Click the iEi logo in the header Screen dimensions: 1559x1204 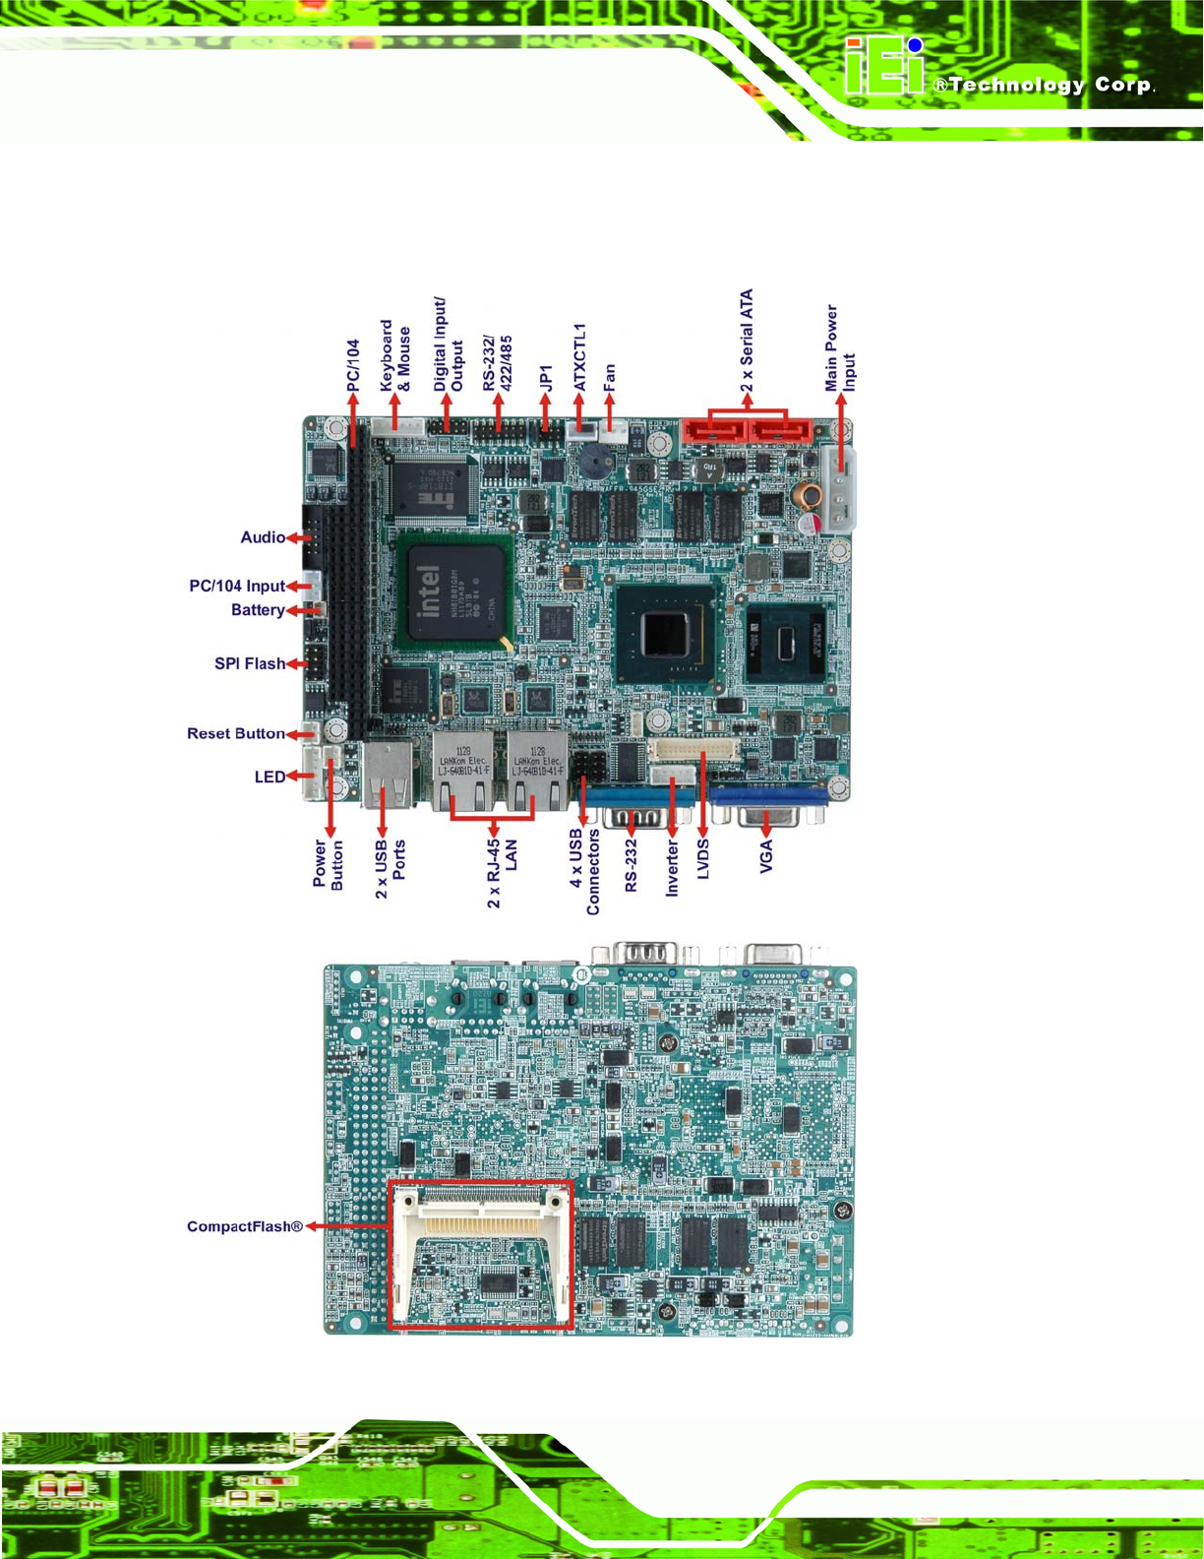pos(884,67)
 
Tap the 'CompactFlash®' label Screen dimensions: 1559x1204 pos(245,1226)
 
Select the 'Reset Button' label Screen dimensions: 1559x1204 pos(236,733)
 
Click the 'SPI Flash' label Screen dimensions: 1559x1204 pos(250,663)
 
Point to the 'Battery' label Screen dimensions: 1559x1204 pos(258,610)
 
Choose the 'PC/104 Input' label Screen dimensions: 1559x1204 pos(237,586)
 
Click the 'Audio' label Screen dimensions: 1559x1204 pos(263,537)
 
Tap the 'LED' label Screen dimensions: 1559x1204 pos(270,777)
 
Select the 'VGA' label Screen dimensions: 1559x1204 pos(766,854)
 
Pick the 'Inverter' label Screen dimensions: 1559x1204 pos(673,867)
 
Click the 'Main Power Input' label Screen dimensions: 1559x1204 pos(840,347)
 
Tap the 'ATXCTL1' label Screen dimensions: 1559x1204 pos(579,356)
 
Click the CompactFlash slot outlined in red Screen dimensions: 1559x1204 pos(480,1255)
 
